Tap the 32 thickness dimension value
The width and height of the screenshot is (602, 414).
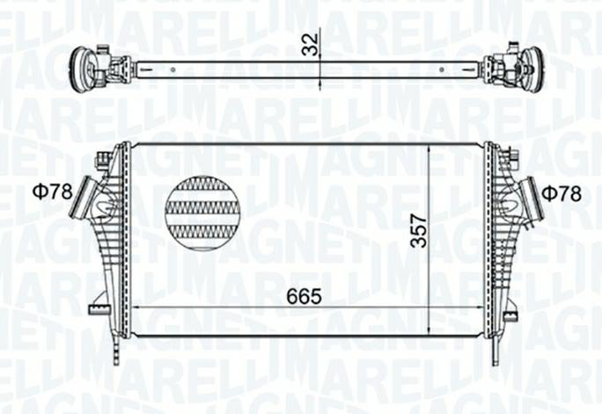pyautogui.click(x=307, y=44)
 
